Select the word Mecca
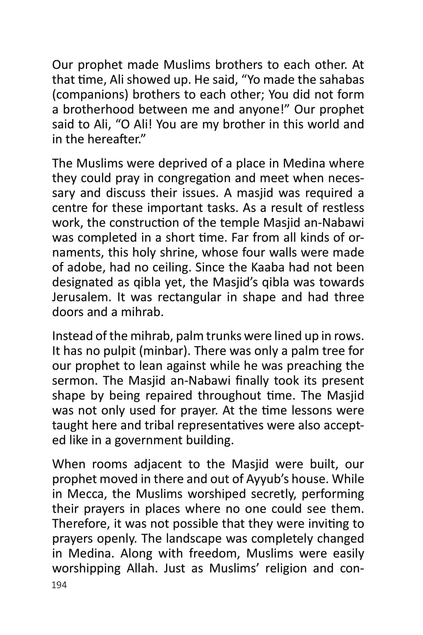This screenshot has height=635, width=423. pos(87,494)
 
